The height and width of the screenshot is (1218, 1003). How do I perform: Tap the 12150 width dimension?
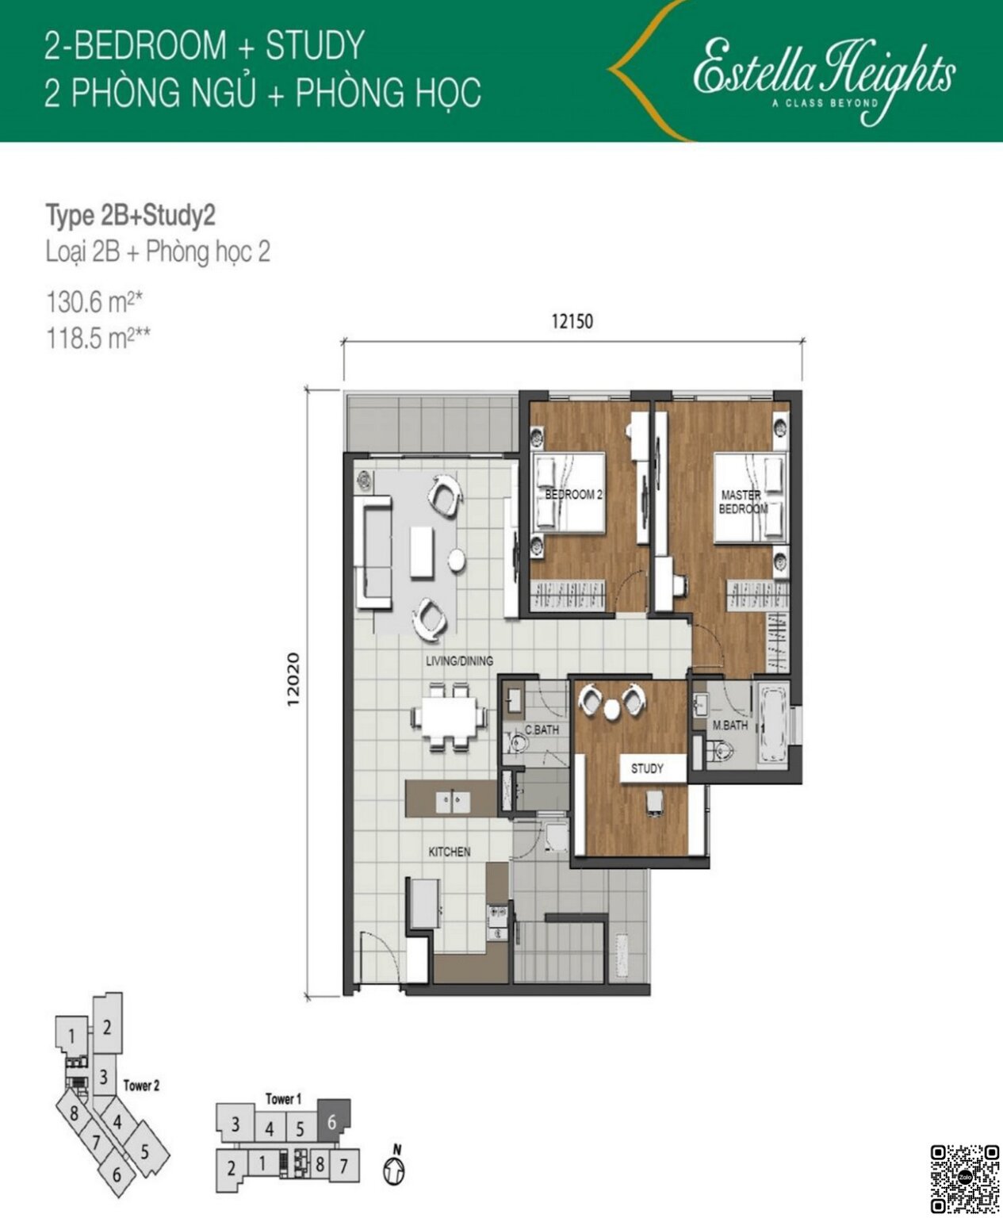572,321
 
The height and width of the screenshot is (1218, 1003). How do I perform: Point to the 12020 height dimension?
293,679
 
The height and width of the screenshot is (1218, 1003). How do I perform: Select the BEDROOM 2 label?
573,495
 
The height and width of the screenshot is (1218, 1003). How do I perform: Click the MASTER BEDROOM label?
742,502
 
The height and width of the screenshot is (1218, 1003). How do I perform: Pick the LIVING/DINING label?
459,661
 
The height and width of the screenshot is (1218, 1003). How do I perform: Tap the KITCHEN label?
450,852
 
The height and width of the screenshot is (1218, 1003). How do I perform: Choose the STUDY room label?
647,768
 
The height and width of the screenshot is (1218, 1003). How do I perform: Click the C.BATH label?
542,730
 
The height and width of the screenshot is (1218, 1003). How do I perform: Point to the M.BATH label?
729,725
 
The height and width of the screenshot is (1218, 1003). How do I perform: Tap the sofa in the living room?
374,552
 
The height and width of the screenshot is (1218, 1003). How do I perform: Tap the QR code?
964,1178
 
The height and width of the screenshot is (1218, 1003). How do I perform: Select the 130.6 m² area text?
94,302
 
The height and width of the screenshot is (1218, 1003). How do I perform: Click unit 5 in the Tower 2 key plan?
144,1151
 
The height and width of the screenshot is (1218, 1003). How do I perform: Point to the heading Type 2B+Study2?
131,216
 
